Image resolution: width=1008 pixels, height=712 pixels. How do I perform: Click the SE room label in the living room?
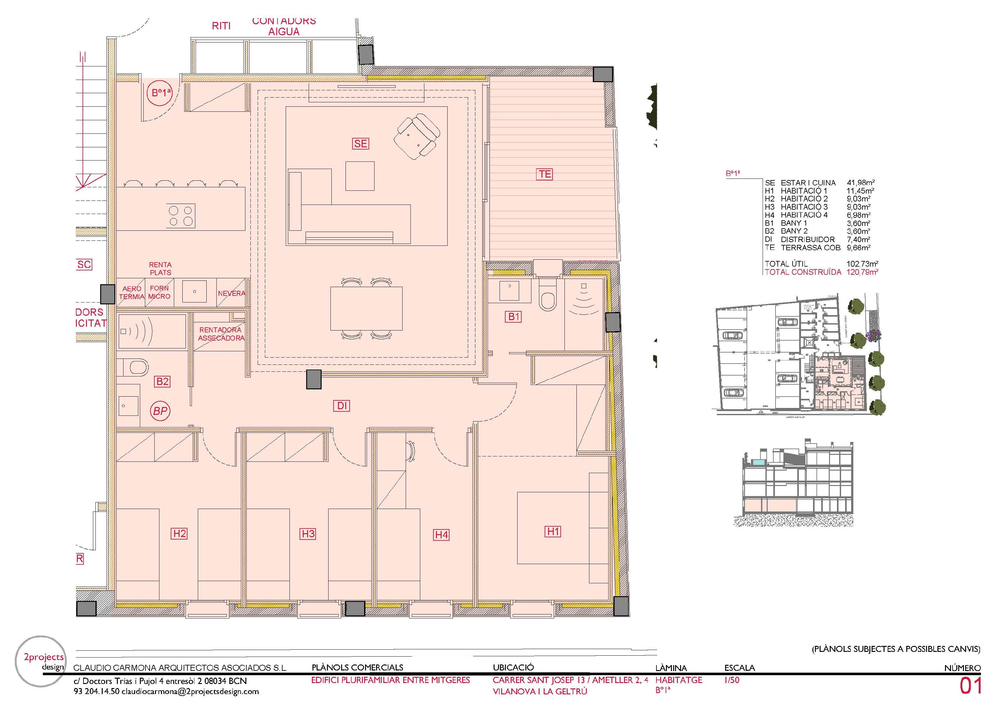(360, 144)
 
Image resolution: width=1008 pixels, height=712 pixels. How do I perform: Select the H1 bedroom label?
(553, 532)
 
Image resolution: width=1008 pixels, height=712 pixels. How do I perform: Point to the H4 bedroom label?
(441, 535)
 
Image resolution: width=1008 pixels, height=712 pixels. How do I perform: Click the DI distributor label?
(342, 406)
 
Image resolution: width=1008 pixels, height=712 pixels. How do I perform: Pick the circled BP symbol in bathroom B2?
(161, 411)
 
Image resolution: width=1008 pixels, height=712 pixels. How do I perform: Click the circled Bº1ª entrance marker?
(161, 93)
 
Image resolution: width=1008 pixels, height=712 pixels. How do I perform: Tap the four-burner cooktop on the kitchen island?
(181, 215)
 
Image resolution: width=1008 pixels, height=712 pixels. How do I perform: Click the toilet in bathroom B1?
(547, 299)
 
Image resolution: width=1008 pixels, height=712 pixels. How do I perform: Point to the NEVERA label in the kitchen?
(231, 293)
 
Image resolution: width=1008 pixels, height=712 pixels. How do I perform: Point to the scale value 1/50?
(732, 680)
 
